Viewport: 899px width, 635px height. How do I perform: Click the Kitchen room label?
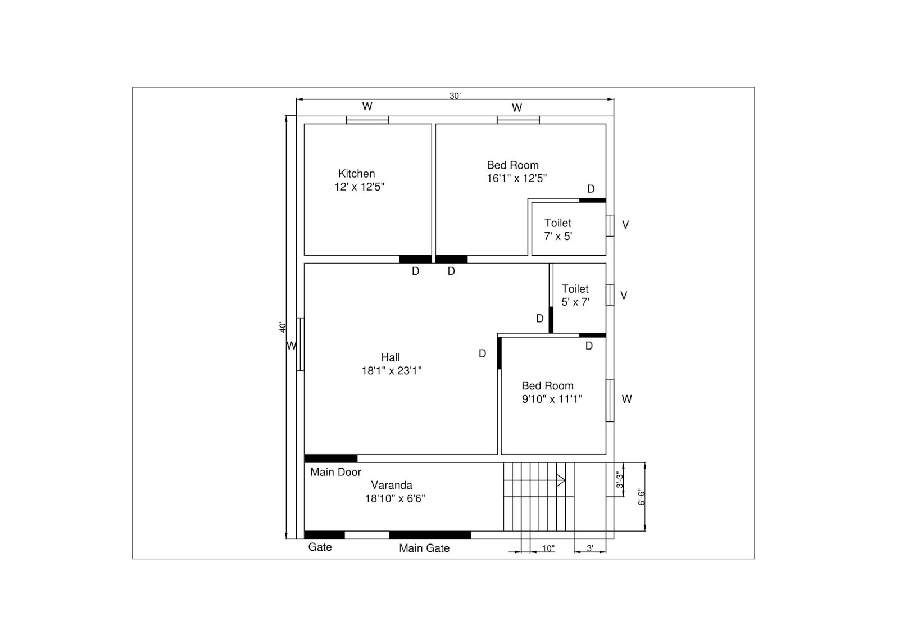tap(356, 174)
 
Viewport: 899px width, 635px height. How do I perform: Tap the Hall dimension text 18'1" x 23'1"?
tap(392, 371)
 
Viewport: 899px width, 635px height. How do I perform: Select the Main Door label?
tap(335, 472)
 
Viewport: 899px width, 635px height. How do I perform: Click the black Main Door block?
tap(330, 459)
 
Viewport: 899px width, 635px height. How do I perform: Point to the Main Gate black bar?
tap(430, 535)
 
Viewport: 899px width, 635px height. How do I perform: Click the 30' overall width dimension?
tap(455, 96)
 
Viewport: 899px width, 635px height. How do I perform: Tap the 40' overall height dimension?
tap(283, 326)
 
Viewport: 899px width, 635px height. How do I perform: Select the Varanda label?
tap(392, 485)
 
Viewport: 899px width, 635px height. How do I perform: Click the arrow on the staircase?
tap(560, 480)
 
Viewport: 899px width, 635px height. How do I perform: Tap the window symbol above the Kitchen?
tap(367, 120)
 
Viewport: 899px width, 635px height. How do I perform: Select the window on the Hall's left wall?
tap(300, 344)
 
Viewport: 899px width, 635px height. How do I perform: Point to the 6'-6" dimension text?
tap(641, 497)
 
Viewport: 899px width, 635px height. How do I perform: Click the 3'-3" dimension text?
tap(620, 479)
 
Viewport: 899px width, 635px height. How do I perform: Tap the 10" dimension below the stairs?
tap(548, 548)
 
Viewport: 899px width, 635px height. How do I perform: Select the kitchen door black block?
tap(415, 259)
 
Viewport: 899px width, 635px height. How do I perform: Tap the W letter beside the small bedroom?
tap(626, 400)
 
